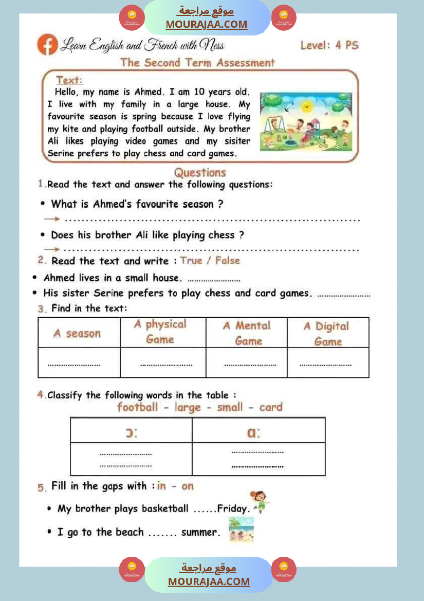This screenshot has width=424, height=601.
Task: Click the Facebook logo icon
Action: [47, 45]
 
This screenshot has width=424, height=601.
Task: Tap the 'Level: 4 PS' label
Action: [329, 45]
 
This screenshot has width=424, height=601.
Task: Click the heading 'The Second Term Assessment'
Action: [197, 63]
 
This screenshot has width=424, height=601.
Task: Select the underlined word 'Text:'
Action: [69, 80]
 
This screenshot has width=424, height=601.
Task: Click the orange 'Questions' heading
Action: [200, 172]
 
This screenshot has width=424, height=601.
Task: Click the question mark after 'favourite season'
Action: [220, 204]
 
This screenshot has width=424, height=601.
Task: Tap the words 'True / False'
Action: [210, 261]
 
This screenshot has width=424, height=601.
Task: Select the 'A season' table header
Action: [77, 334]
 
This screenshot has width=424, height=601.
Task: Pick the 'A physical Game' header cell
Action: [160, 332]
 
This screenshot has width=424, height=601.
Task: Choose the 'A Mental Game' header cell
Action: [247, 333]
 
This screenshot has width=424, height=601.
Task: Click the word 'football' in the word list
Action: [137, 407]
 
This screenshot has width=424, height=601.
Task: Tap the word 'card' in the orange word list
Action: [271, 407]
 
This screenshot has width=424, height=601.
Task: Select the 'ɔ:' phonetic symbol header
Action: [132, 433]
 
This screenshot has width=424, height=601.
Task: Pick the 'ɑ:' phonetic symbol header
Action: [253, 433]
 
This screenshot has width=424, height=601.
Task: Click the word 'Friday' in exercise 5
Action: [233, 509]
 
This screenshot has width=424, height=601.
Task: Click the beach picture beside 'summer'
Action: [241, 529]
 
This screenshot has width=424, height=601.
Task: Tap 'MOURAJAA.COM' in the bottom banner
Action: [209, 582]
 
